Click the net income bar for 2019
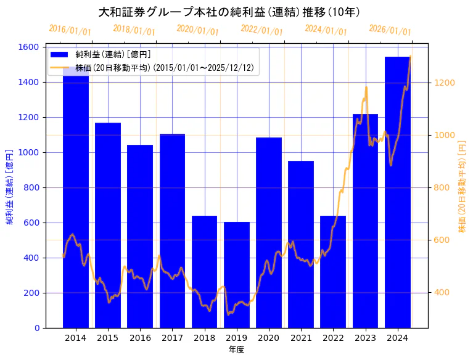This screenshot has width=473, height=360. tap(237, 274)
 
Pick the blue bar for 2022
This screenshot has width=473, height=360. tap(333, 271)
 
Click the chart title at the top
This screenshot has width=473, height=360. tap(229, 12)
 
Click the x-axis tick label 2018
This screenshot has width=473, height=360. tap(204, 338)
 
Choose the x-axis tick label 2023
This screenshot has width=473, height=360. tap(365, 338)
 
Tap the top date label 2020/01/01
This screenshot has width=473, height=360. tap(198, 30)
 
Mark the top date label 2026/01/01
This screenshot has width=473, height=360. tap(390, 30)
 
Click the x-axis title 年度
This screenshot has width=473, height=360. tap(236, 350)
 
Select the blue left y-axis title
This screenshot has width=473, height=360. tap(10, 187)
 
